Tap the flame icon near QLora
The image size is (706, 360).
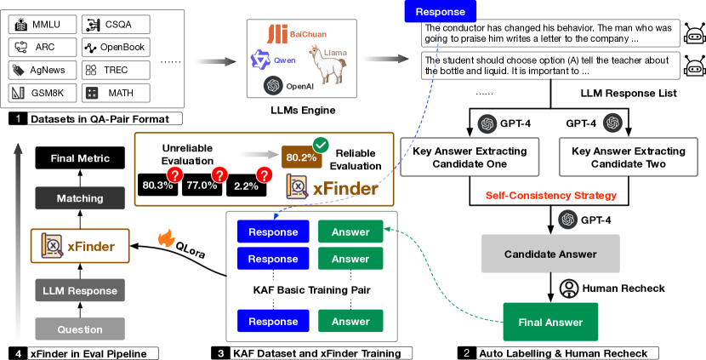coord(165,234)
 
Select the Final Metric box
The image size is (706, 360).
coord(81,157)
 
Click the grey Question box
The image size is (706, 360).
coord(81,329)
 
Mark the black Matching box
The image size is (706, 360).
coord(81,198)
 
